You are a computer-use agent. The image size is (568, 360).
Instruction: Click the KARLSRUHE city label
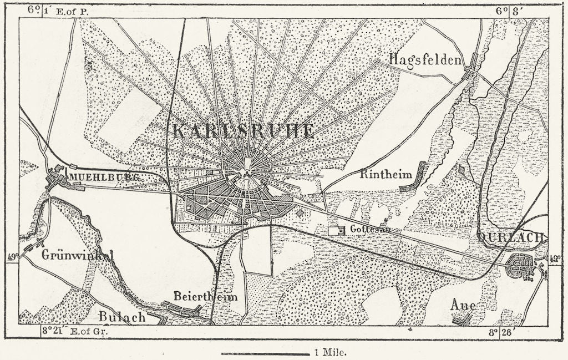pyautogui.click(x=244, y=131)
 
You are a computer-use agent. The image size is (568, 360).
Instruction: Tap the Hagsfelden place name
pyautogui.click(x=425, y=59)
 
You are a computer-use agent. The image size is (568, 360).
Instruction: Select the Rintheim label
pyautogui.click(x=386, y=174)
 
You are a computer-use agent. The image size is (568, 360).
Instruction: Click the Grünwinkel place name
pyautogui.click(x=78, y=256)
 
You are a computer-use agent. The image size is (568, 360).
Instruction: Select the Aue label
pyautogui.click(x=463, y=306)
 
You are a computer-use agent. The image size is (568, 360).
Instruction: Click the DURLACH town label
pyautogui.click(x=511, y=237)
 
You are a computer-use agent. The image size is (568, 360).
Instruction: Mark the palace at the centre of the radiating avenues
pyautogui.click(x=247, y=165)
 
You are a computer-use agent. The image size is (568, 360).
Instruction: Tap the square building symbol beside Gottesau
pyautogui.click(x=334, y=230)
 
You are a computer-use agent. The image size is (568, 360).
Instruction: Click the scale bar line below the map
pyautogui.click(x=265, y=353)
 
